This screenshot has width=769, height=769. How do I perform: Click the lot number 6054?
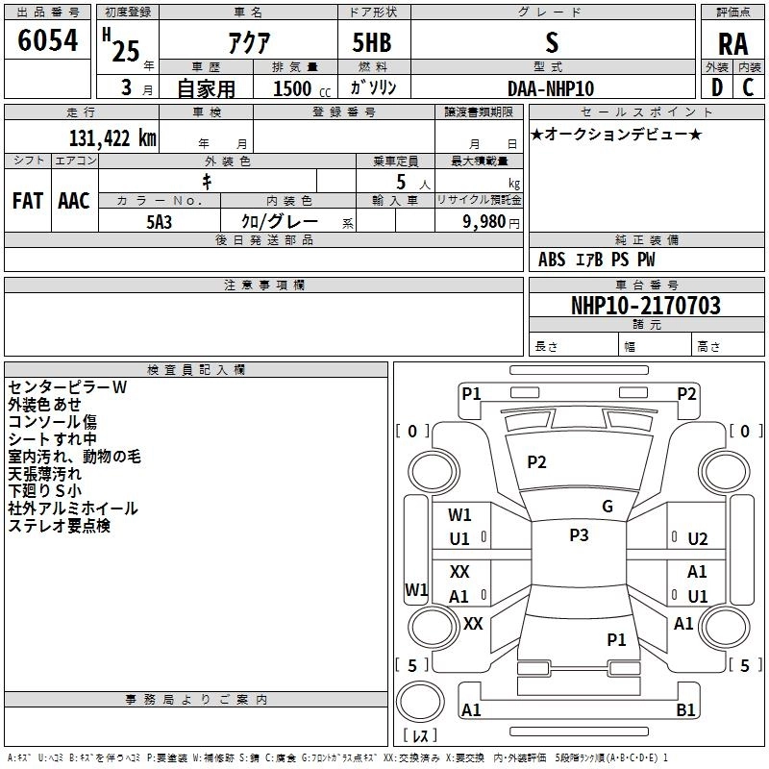[47, 39]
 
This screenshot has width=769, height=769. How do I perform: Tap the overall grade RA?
[732, 44]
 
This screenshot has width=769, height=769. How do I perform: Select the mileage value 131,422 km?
[112, 138]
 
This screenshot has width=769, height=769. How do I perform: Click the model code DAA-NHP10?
[551, 88]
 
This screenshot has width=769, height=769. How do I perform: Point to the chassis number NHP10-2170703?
[646, 306]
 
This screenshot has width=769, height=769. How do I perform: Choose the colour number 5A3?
[160, 222]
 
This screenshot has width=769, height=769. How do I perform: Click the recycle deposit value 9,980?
[484, 222]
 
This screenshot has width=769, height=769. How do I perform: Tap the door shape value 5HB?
[372, 42]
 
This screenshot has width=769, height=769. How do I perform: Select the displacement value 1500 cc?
[302, 88]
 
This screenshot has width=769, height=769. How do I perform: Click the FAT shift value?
[28, 201]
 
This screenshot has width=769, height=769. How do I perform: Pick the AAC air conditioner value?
[74, 201]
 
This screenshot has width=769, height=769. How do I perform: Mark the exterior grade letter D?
[717, 87]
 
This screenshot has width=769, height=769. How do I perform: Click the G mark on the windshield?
[608, 507]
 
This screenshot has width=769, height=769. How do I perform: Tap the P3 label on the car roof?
[579, 534]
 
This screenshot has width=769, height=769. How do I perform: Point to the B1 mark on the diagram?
[685, 709]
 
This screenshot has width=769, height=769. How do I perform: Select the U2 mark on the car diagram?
[698, 539]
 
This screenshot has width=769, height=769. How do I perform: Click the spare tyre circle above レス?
[420, 702]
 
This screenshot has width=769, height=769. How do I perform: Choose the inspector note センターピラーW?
[67, 387]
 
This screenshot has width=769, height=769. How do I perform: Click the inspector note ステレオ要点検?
[60, 526]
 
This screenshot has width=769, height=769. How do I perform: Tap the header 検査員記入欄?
[196, 370]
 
